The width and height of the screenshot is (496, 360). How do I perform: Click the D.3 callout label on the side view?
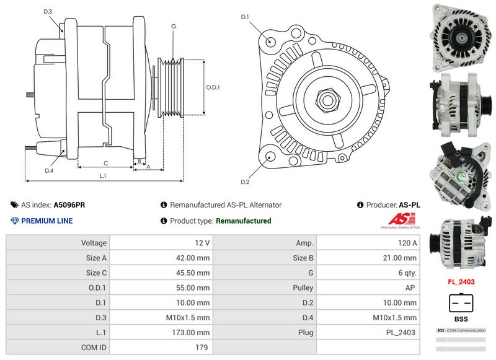tap(48, 12)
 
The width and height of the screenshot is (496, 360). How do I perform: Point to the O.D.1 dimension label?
tap(213, 87)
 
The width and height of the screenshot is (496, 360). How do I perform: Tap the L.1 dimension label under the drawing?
tap(103, 176)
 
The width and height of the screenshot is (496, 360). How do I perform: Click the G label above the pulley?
tap(174, 26)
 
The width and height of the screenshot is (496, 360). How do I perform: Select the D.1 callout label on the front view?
tap(245, 17)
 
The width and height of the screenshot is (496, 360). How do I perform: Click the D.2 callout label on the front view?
tap(245, 182)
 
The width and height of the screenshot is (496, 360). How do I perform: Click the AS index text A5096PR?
tap(69, 204)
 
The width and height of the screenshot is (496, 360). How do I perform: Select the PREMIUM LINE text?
tap(47, 221)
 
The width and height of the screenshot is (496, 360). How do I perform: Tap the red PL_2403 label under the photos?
tap(461, 281)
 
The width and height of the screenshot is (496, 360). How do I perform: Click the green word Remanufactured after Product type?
tap(243, 221)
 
